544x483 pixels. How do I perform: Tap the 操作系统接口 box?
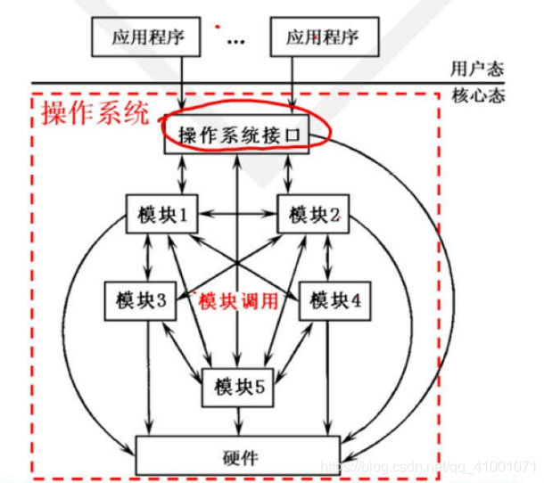coord(236,135)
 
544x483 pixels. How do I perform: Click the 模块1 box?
coord(161,215)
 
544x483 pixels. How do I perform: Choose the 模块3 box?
coord(136,301)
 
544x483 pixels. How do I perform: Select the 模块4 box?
coord(335,301)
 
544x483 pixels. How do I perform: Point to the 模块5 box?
coord(237,386)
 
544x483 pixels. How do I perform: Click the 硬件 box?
coord(237,455)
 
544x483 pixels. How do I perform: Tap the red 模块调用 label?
coord(238,301)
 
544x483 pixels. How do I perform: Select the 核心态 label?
coord(477,95)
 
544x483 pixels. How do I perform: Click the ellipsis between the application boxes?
coord(236,41)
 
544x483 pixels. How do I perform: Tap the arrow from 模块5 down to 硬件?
coord(237,420)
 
